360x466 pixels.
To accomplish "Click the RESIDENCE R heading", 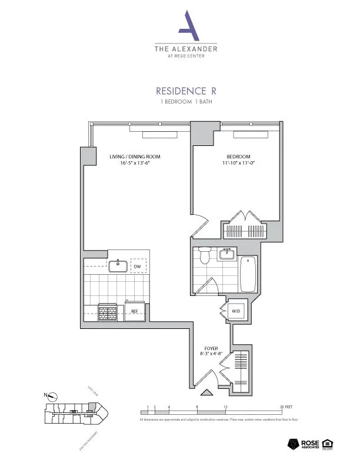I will coord(185,91).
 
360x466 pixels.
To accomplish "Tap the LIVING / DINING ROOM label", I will coord(135,157).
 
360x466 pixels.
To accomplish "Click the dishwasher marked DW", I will coord(139,266).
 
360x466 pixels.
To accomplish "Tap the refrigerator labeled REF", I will coord(134,310).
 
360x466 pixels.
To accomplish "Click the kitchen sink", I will coord(118,266).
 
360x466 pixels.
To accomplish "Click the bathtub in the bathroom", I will coord(248,274).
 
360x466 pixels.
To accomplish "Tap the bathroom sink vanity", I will coord(226,254).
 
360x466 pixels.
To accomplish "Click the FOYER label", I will coord(211,348).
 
